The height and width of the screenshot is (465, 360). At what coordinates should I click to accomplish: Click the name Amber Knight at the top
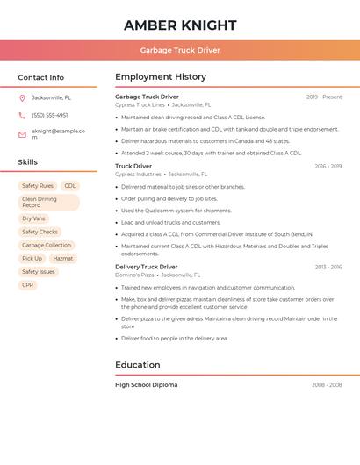click(x=180, y=25)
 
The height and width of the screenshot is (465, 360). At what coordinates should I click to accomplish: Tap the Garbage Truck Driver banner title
click(x=180, y=50)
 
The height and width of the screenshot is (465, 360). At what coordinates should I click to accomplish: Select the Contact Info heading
click(x=40, y=77)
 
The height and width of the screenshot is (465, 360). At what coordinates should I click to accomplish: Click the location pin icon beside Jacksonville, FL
click(x=22, y=97)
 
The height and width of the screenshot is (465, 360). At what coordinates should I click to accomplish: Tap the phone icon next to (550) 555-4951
click(x=22, y=115)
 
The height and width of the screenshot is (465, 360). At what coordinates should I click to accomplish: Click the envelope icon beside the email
click(x=22, y=133)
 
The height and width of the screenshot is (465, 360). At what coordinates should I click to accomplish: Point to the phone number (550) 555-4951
click(x=49, y=115)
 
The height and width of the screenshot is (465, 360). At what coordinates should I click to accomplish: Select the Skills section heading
click(x=27, y=162)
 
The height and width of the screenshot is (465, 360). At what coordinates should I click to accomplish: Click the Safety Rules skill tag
click(x=38, y=186)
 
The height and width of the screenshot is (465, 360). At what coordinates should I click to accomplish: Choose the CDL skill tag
click(x=70, y=186)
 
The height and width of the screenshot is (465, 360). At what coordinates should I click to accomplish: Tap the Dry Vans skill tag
click(x=33, y=218)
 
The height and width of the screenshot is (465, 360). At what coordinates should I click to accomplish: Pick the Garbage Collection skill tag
click(x=47, y=245)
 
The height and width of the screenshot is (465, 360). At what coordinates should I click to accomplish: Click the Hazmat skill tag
click(x=63, y=259)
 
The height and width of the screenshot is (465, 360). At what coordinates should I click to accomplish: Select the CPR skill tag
click(x=28, y=285)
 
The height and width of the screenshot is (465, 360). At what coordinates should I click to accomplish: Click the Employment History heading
click(x=161, y=77)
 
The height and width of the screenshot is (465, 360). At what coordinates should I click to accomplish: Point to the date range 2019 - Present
click(x=324, y=97)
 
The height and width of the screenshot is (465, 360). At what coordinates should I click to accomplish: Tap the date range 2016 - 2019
click(x=328, y=166)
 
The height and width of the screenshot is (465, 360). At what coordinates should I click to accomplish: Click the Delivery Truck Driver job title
click(x=146, y=267)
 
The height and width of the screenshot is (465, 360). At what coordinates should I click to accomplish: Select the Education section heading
click(x=137, y=365)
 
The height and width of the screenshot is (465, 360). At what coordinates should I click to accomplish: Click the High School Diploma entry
click(x=146, y=385)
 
